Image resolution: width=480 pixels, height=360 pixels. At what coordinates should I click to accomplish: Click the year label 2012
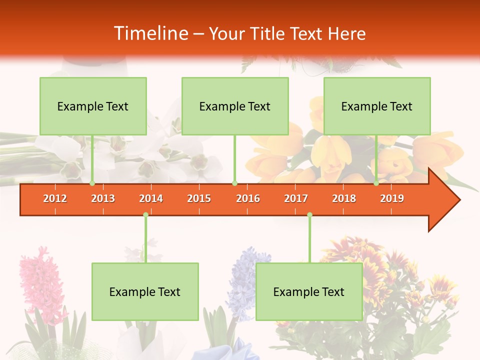(55, 198)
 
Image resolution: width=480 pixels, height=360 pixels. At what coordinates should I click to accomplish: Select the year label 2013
(103, 198)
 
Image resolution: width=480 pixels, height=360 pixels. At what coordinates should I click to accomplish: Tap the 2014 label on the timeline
(151, 198)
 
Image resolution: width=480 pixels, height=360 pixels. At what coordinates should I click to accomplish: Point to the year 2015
(199, 198)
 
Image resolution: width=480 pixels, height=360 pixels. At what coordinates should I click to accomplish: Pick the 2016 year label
(248, 198)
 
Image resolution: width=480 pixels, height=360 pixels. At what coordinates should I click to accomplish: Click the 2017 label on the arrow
(296, 198)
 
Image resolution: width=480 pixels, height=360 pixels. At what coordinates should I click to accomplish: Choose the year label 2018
(344, 198)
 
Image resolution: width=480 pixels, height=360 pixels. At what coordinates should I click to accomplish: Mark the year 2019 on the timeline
(392, 198)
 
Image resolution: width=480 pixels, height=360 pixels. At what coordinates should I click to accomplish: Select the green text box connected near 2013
(93, 106)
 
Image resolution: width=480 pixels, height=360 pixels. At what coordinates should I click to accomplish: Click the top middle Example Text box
(235, 106)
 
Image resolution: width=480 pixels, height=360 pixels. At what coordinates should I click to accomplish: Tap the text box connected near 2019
(377, 106)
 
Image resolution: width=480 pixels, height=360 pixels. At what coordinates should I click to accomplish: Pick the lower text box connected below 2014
(145, 291)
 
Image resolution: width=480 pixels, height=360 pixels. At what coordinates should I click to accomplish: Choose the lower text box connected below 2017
(309, 291)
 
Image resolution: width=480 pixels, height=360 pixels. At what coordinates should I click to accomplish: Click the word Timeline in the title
(150, 33)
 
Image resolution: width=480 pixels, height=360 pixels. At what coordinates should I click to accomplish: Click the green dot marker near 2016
(234, 183)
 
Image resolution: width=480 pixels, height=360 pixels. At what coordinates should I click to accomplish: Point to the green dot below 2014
(145, 215)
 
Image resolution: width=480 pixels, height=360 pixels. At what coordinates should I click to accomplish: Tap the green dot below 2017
(309, 215)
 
